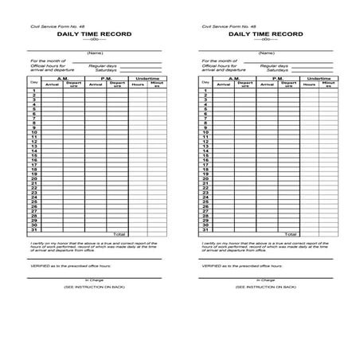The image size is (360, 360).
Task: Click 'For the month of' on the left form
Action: click(45, 61)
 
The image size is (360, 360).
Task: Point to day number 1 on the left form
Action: click(33, 91)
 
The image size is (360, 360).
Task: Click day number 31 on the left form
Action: click(33, 229)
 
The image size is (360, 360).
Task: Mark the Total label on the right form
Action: click(291, 234)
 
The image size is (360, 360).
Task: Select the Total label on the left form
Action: click(119, 234)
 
